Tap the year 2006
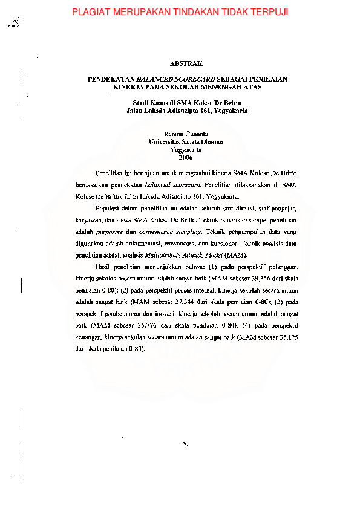tap(186, 157)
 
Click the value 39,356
tap(252, 279)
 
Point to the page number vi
tap(186, 443)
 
